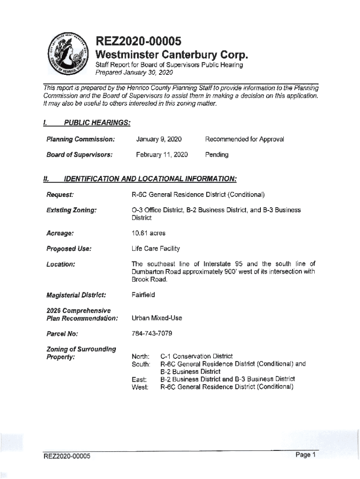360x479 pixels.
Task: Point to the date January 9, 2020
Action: (x=158, y=139)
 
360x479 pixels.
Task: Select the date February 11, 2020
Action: (x=162, y=154)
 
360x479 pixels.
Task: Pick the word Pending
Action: (x=217, y=154)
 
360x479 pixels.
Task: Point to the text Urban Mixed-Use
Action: (x=157, y=318)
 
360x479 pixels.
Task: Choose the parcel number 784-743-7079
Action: (x=152, y=334)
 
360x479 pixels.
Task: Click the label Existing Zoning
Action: (x=71, y=210)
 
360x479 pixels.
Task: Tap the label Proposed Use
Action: (x=68, y=249)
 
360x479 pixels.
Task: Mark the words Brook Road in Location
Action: (x=149, y=280)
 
